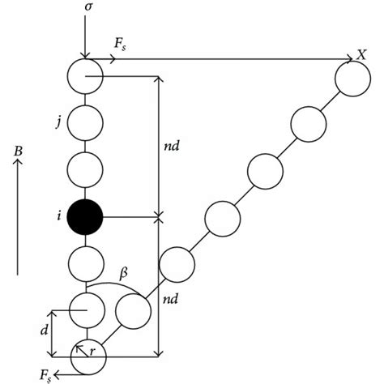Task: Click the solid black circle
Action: pyautogui.click(x=85, y=216)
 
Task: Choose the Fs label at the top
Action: pyautogui.click(x=120, y=47)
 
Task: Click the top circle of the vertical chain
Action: pyautogui.click(x=85, y=75)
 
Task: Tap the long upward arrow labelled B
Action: pyautogui.click(x=18, y=219)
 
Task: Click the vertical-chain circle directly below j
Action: pyautogui.click(x=85, y=169)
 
